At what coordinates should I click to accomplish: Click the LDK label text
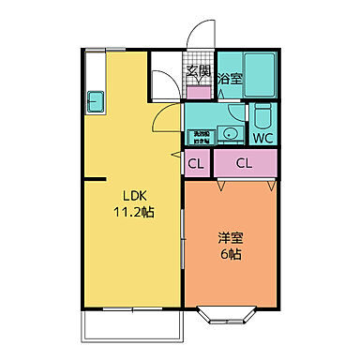(130, 195)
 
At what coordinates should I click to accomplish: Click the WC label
(262, 137)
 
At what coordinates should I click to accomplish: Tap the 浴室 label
(229, 80)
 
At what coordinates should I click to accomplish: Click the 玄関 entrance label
(198, 71)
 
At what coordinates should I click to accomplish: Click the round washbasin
(229, 134)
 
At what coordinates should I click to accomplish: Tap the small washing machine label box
(201, 136)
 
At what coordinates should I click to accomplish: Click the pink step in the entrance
(199, 93)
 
